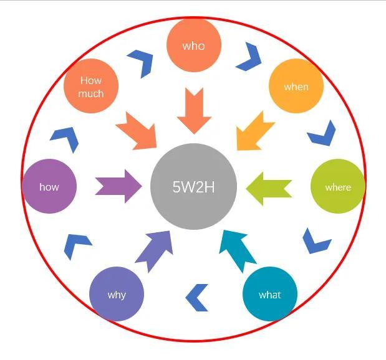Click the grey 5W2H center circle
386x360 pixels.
coord(193,186)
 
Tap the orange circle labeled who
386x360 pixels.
coord(193,45)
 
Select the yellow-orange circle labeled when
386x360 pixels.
coord(296,86)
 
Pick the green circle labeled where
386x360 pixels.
coord(337,186)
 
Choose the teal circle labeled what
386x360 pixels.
coord(269,295)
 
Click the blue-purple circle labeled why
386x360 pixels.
coord(117,295)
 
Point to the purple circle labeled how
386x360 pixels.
coord(49,186)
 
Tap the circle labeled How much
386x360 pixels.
coord(91,86)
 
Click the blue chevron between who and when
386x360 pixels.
coord(249,57)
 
